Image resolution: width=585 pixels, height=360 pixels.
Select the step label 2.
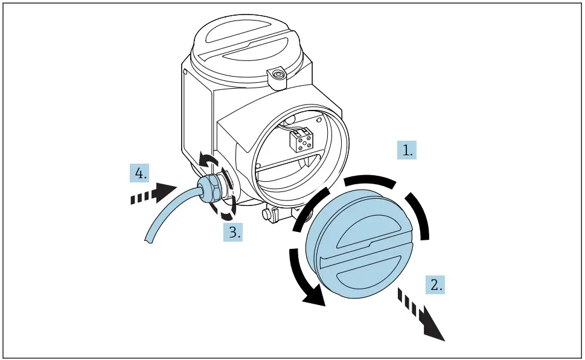pos(435,284)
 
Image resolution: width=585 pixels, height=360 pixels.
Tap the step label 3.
pos(233,232)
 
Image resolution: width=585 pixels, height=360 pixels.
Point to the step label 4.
pos(139,174)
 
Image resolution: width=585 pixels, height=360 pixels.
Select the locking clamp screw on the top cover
pos(278,76)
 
